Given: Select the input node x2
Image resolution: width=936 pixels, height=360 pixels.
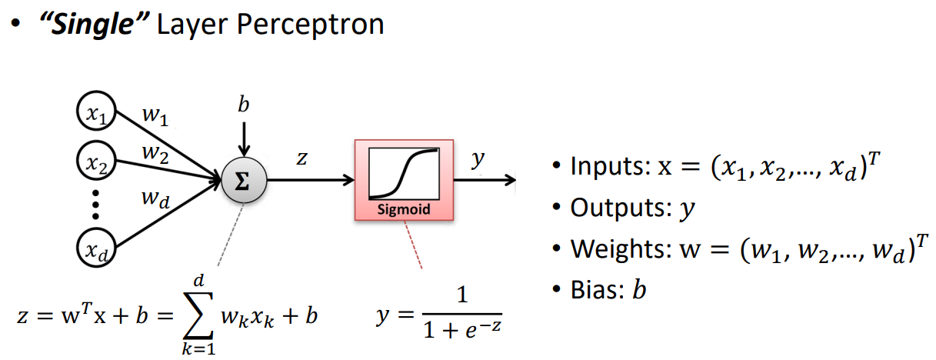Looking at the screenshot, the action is pos(95,161).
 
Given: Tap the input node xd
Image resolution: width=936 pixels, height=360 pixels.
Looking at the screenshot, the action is pos(95,248).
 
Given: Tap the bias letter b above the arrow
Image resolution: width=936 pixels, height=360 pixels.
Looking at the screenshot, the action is pos(243,106).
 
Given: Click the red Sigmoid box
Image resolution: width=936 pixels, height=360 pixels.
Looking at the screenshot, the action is pos(403,180).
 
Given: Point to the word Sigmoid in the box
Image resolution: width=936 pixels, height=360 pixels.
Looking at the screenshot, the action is pos(403,208).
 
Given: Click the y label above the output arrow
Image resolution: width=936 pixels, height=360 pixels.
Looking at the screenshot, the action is pos(478,158).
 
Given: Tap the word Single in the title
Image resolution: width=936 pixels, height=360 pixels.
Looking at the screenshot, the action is pos(85,25).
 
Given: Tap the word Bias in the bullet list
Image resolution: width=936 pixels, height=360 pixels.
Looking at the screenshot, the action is pos(594,292).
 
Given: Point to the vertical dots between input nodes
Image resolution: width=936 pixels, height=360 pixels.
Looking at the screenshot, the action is pos(95,205).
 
